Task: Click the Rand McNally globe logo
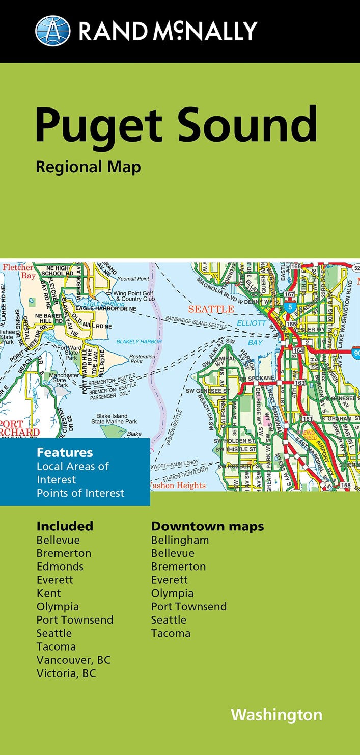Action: [x=52, y=31]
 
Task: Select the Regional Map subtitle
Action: [x=88, y=167]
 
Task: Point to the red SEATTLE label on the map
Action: [x=211, y=309]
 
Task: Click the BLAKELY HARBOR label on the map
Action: [x=139, y=341]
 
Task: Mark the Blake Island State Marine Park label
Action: [x=114, y=418]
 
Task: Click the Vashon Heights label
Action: [x=179, y=486]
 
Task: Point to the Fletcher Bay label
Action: [x=18, y=272]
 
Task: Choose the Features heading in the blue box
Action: [x=65, y=452]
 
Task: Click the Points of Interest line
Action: [x=80, y=493]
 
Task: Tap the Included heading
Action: [x=65, y=526]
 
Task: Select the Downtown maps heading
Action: [x=207, y=526]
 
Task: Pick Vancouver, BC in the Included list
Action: [x=73, y=660]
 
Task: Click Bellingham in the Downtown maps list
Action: [x=180, y=540]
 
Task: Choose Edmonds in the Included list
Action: [x=60, y=567]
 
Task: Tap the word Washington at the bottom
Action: [x=276, y=714]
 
